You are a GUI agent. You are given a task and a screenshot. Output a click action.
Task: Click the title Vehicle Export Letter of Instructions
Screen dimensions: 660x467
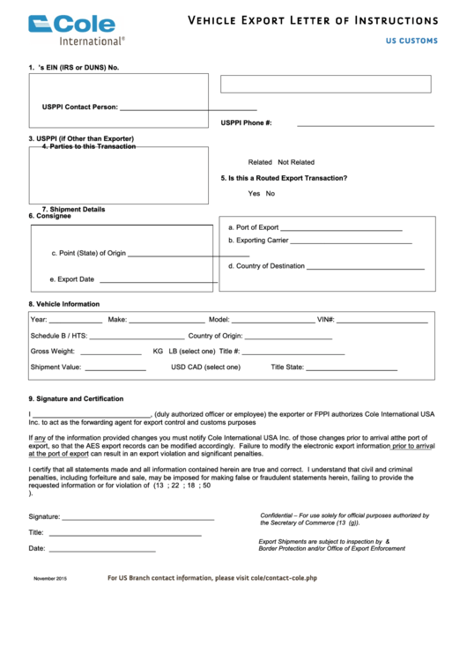[x=313, y=20]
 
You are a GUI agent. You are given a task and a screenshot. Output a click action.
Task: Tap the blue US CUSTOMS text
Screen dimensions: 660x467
[x=411, y=41]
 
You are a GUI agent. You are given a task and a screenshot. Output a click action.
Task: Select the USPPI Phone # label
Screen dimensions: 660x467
[x=246, y=122]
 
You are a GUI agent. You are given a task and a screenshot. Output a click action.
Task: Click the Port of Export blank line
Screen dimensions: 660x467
[x=341, y=229]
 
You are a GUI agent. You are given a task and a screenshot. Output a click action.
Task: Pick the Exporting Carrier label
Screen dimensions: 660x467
[x=258, y=240]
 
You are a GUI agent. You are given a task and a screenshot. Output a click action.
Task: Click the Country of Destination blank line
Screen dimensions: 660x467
[x=365, y=268]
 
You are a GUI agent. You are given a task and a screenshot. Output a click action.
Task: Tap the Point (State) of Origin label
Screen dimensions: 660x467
[x=88, y=253]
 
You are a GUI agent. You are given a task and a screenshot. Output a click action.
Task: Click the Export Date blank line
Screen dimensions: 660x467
[x=159, y=282]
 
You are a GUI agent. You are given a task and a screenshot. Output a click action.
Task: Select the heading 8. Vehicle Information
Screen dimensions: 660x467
[x=63, y=304]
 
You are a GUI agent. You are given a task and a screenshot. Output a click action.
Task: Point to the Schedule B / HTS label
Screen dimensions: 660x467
[x=59, y=336]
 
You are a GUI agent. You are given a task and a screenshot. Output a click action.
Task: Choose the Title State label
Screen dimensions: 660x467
[x=287, y=367]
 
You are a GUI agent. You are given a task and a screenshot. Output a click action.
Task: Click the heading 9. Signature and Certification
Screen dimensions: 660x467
[x=76, y=398]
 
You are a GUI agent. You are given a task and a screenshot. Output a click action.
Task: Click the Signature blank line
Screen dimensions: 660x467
[x=137, y=518]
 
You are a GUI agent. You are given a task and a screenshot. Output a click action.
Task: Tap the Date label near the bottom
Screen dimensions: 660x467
[x=37, y=548]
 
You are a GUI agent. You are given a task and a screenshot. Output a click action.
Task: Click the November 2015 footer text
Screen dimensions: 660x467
[x=50, y=578]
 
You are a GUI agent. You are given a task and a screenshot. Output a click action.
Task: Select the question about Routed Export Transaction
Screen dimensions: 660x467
[x=284, y=178]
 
